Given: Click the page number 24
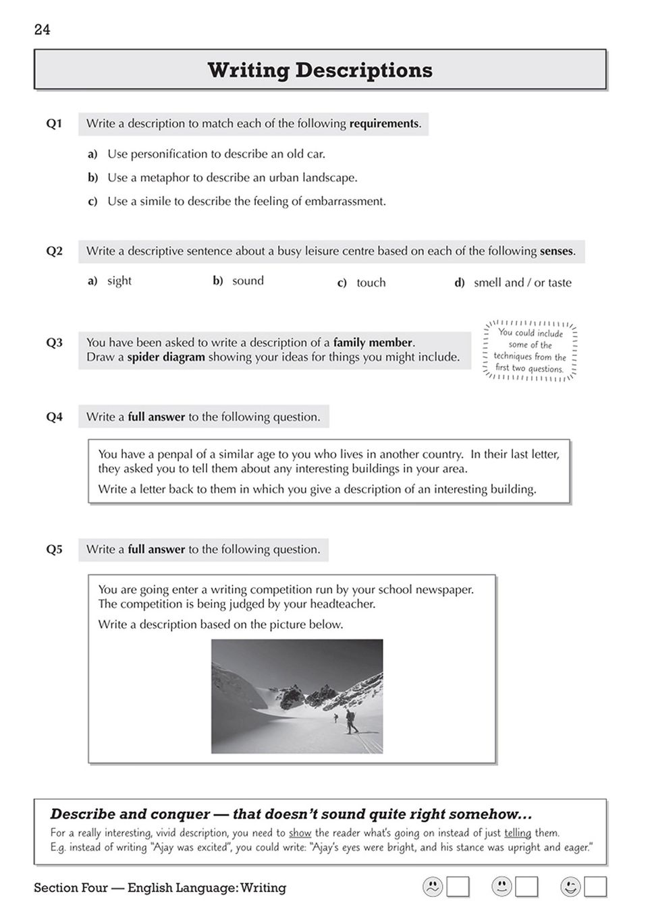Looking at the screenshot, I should (x=42, y=30).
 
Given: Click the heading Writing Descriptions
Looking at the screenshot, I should (x=320, y=70).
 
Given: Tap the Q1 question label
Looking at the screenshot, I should (x=54, y=123).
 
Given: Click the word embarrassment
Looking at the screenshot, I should (x=345, y=201).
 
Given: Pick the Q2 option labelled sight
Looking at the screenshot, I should (x=119, y=280).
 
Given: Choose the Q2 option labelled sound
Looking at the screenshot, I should (x=248, y=280).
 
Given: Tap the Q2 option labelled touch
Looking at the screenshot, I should (x=371, y=283).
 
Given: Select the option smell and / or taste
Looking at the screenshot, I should (x=522, y=283).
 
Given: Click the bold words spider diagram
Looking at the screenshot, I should (x=166, y=357).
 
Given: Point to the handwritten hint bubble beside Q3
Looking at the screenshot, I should (x=530, y=351).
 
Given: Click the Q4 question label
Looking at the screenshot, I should (x=54, y=417).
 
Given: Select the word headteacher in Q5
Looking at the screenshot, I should (x=342, y=604).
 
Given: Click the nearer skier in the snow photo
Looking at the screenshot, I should (x=350, y=721).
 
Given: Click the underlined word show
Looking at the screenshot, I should (x=300, y=833).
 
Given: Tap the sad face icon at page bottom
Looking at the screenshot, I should (x=432, y=887).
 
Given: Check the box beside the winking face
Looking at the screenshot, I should (x=595, y=887).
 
